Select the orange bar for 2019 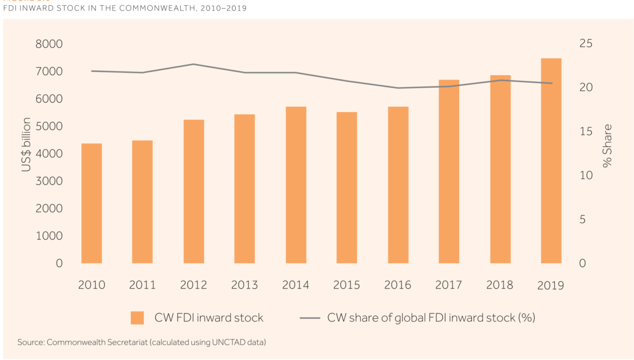click(x=551, y=161)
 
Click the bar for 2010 click(x=91, y=203)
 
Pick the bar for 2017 click(x=449, y=171)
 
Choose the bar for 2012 click(x=193, y=191)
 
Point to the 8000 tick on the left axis click(x=49, y=44)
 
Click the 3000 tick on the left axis click(x=49, y=181)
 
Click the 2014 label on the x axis click(x=295, y=285)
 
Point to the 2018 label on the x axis click(x=500, y=285)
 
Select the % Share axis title click(x=608, y=146)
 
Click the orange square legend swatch click(x=137, y=318)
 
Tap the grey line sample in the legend click(x=310, y=318)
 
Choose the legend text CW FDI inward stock click(x=209, y=318)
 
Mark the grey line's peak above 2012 click(x=193, y=64)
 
